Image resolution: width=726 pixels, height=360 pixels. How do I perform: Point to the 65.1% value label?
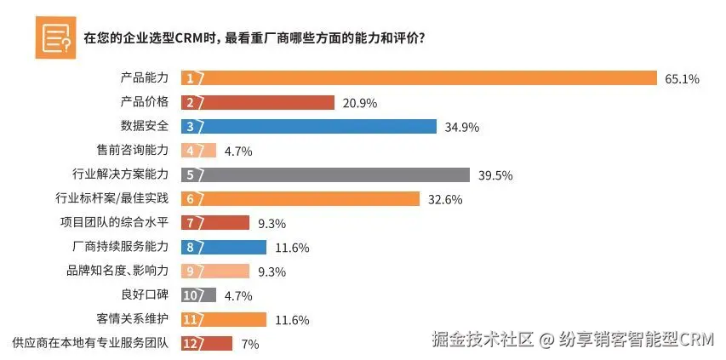(x=682, y=79)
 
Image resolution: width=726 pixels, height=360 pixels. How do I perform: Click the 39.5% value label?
(x=496, y=176)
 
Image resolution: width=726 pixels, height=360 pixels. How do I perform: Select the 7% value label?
(x=249, y=345)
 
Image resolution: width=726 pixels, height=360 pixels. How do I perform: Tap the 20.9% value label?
(x=359, y=103)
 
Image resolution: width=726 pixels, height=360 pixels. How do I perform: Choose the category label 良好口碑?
(x=146, y=295)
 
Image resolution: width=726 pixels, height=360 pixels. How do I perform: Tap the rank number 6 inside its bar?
(x=191, y=199)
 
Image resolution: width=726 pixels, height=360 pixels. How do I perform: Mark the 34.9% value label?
(x=462, y=128)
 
